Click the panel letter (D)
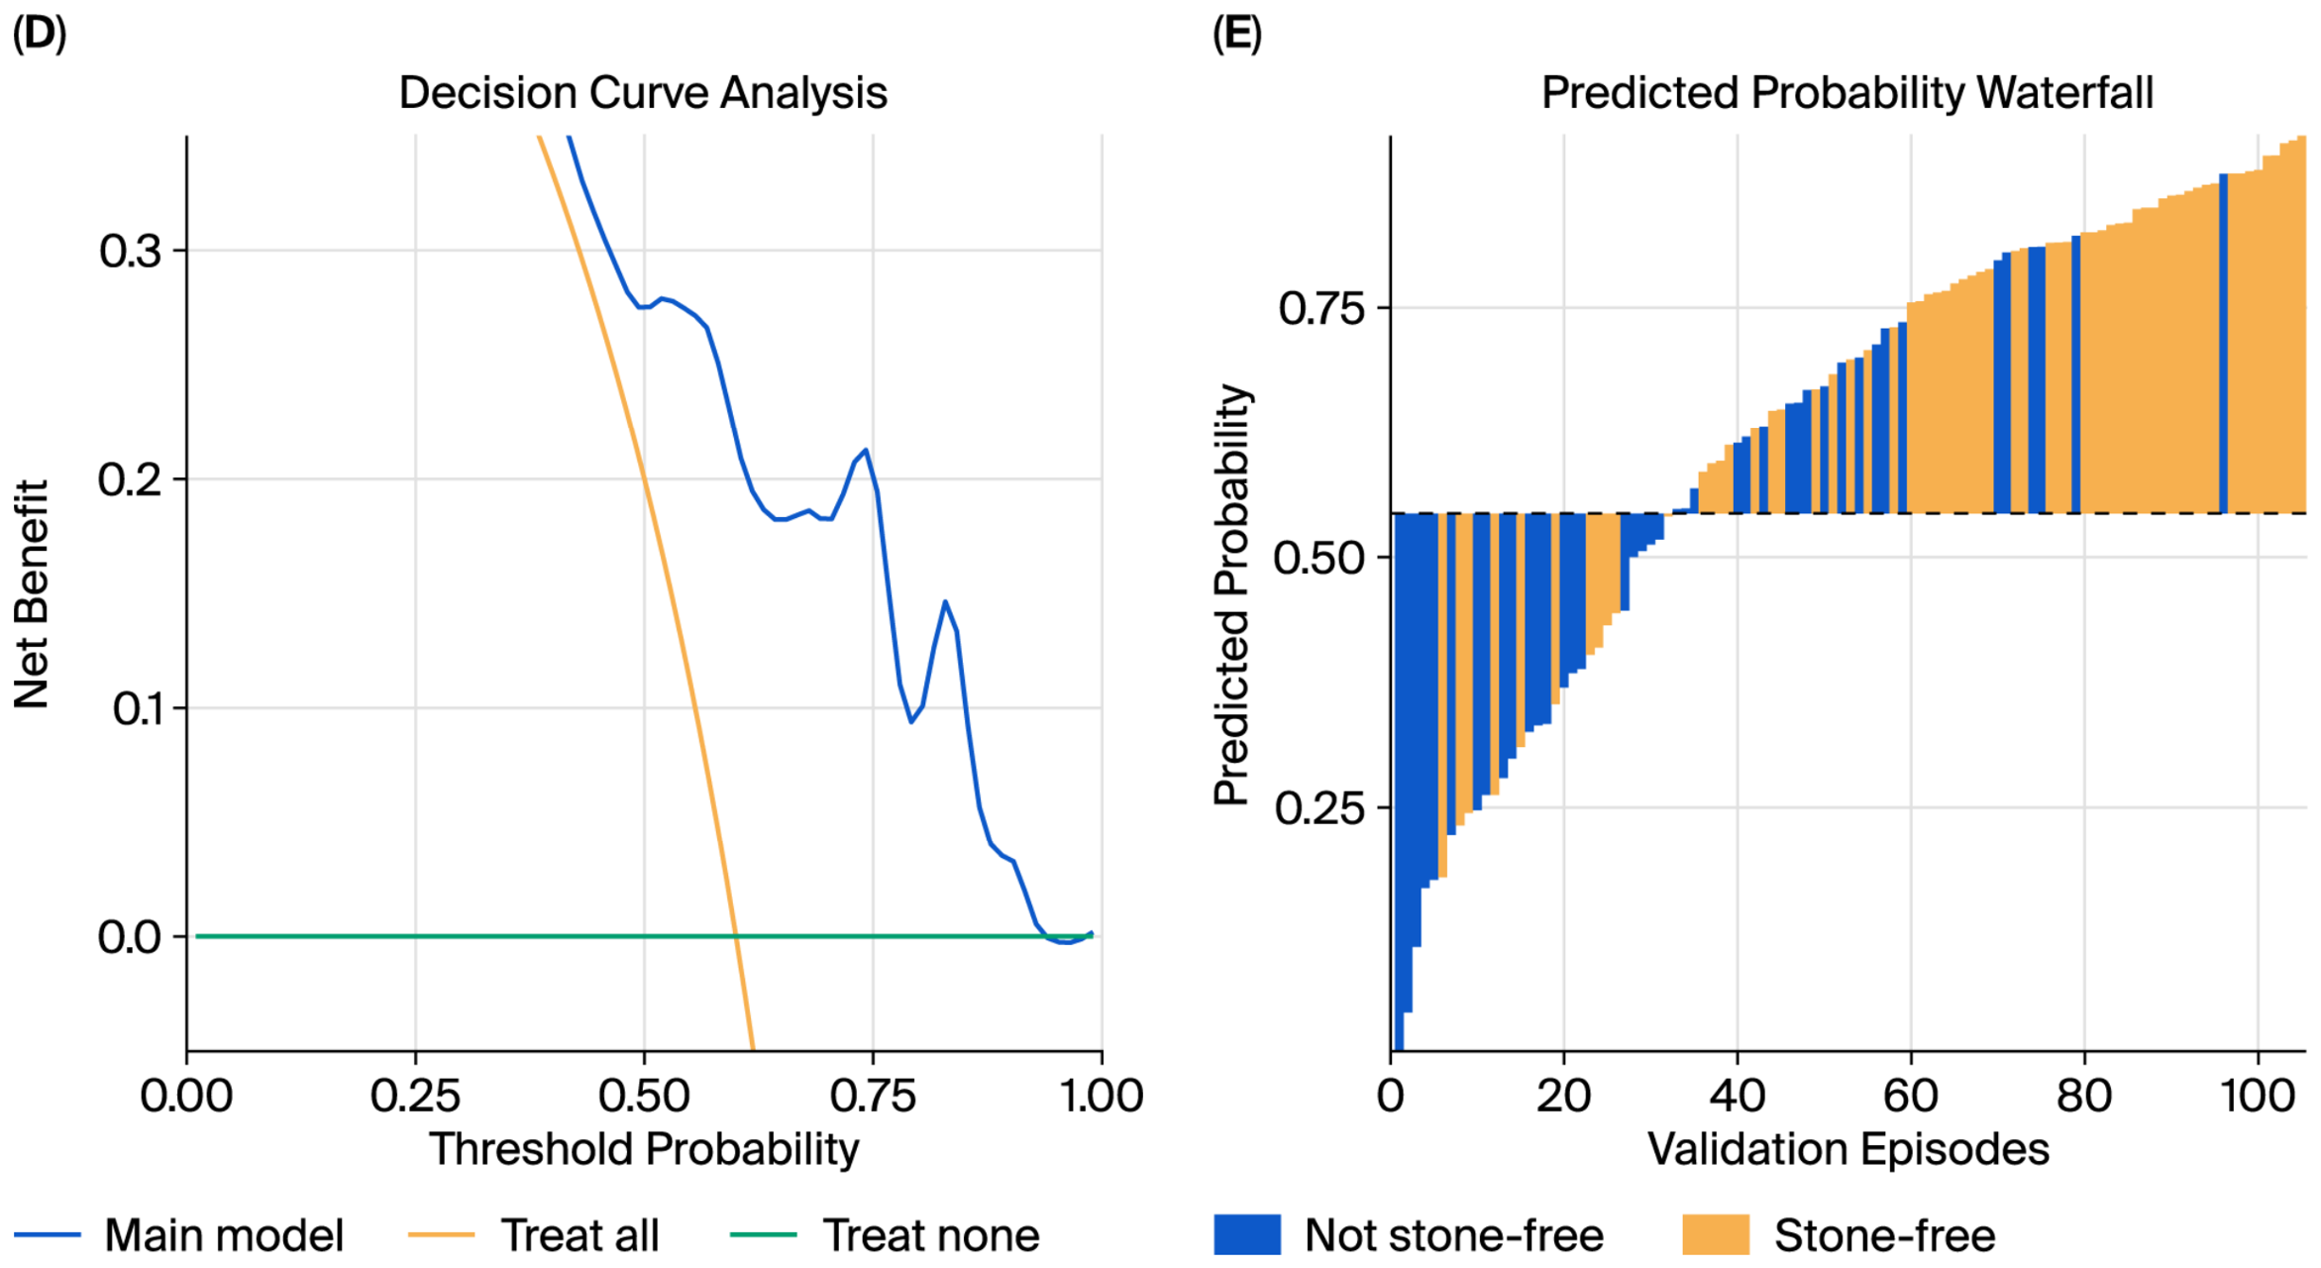[40, 34]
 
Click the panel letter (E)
[1237, 34]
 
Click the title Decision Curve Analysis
[643, 93]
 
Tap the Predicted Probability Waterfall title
[1847, 93]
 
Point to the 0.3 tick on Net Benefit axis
[130, 251]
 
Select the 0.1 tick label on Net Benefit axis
[137, 708]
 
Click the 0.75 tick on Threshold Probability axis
[873, 1097]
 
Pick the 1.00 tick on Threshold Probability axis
[1102, 1097]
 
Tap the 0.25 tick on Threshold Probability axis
[415, 1097]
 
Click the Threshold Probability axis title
[644, 1150]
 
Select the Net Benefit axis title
[32, 594]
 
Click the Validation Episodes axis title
[1848, 1150]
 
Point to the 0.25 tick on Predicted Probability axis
[1319, 808]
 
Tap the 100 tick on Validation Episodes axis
[2258, 1097]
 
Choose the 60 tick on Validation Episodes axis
[1911, 1097]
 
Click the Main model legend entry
[179, 1235]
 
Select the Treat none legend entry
[885, 1235]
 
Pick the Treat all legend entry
[534, 1235]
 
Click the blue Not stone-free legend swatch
[1247, 1235]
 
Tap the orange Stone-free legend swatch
[1716, 1235]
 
